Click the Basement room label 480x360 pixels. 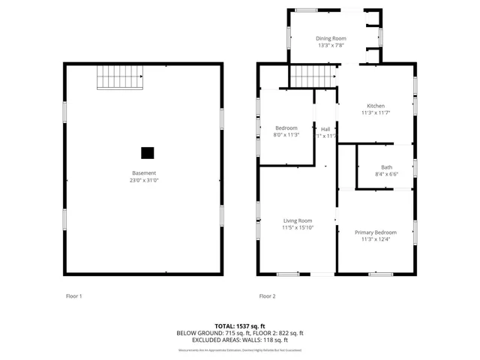145,173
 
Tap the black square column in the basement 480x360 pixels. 148,152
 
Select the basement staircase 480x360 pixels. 119,77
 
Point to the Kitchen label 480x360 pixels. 376,106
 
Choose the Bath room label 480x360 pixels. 386,167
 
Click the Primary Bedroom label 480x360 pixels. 376,232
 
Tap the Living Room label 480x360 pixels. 298,220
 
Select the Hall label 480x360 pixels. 325,128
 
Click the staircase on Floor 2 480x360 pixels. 313,76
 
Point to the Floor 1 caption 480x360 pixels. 73,296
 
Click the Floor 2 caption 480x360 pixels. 268,296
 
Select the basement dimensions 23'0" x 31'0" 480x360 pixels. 145,181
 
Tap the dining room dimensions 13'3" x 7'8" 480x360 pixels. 330,45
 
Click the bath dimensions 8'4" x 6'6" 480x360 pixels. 386,175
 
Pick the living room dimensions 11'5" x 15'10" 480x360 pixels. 298,228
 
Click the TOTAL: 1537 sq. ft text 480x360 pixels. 240,326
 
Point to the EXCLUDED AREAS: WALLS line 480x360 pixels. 240,340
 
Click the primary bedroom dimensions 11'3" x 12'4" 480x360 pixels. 376,240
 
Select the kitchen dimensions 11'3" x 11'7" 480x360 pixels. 376,113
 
